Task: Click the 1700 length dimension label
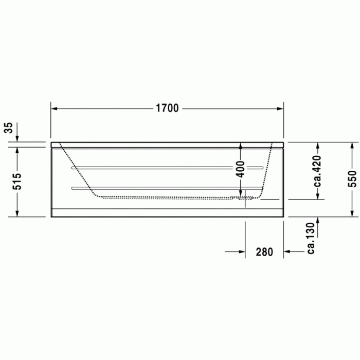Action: pos(167,108)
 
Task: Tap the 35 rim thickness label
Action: pos(9,128)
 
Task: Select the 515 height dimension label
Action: pos(16,182)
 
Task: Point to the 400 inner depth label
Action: pos(241,169)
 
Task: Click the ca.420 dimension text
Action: pos(318,171)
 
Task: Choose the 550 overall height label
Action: pos(352,179)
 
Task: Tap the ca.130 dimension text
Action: pos(311,238)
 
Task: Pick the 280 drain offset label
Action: pos(264,252)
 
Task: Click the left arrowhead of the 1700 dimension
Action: pos(54,109)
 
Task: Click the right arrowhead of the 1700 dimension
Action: pos(280,109)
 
